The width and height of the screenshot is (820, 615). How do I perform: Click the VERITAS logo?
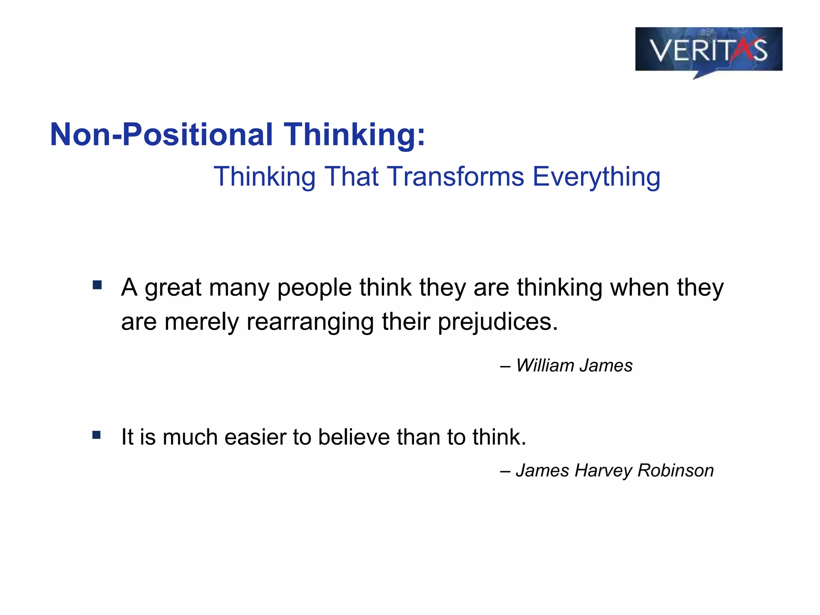click(x=708, y=50)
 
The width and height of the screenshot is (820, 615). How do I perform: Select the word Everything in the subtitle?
click(x=596, y=177)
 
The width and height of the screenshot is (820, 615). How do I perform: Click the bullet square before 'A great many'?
click(x=97, y=285)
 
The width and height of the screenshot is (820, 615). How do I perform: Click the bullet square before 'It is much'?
click(x=96, y=435)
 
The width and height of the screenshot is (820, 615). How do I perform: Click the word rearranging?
click(x=310, y=322)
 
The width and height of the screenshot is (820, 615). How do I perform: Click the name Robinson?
click(x=675, y=470)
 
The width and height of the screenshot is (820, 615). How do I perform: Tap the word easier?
click(x=255, y=437)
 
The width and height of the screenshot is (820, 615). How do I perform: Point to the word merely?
click(x=201, y=322)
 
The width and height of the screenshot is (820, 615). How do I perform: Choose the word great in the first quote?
click(x=173, y=288)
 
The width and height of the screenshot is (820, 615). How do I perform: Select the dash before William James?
click(x=505, y=366)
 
